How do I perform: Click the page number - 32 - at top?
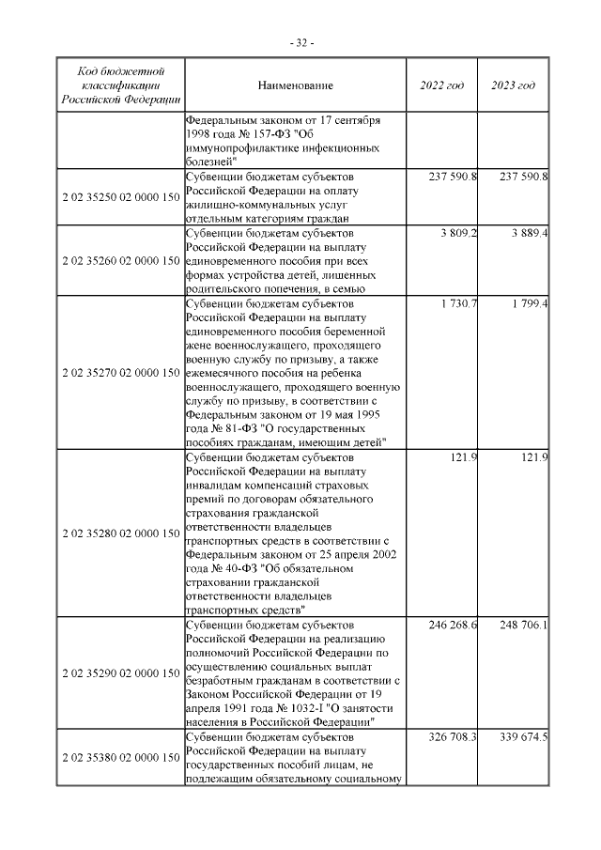point(300,43)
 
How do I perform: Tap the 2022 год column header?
point(441,86)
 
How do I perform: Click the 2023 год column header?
point(513,86)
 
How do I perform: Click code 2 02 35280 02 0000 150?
point(120,533)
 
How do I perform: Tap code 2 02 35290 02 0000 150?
point(120,673)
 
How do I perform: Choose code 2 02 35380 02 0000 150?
point(120,757)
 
